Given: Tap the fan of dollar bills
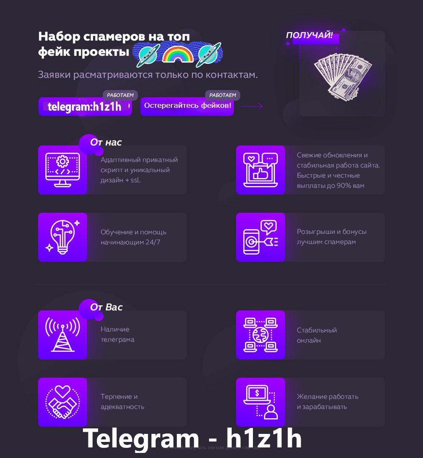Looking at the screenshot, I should pos(343,74).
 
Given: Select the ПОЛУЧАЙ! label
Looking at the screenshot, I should pos(309,36).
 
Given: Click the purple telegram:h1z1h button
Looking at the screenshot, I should pos(85,107).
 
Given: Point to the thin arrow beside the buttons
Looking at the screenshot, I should pos(252,107).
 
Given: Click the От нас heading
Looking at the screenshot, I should pos(106,143).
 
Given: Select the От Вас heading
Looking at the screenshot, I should pos(106,307).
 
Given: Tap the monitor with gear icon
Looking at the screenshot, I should pos(63,170).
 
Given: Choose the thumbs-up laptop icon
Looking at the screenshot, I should pos(260,170).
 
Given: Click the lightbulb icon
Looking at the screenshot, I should pos(63,237).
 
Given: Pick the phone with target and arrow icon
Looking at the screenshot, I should pos(260,237).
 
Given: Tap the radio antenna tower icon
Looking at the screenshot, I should pos(63,335).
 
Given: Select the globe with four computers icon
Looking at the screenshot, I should pos(260,335).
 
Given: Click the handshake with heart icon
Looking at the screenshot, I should pos(63,402).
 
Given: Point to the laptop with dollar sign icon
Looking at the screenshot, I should pos(260,402).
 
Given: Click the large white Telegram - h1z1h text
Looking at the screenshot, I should pos(192,438).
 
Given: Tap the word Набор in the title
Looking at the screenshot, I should pos(59,37).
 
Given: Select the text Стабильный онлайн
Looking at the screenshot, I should pos(317,335).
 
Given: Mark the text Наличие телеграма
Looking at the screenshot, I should pos(118,335).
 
